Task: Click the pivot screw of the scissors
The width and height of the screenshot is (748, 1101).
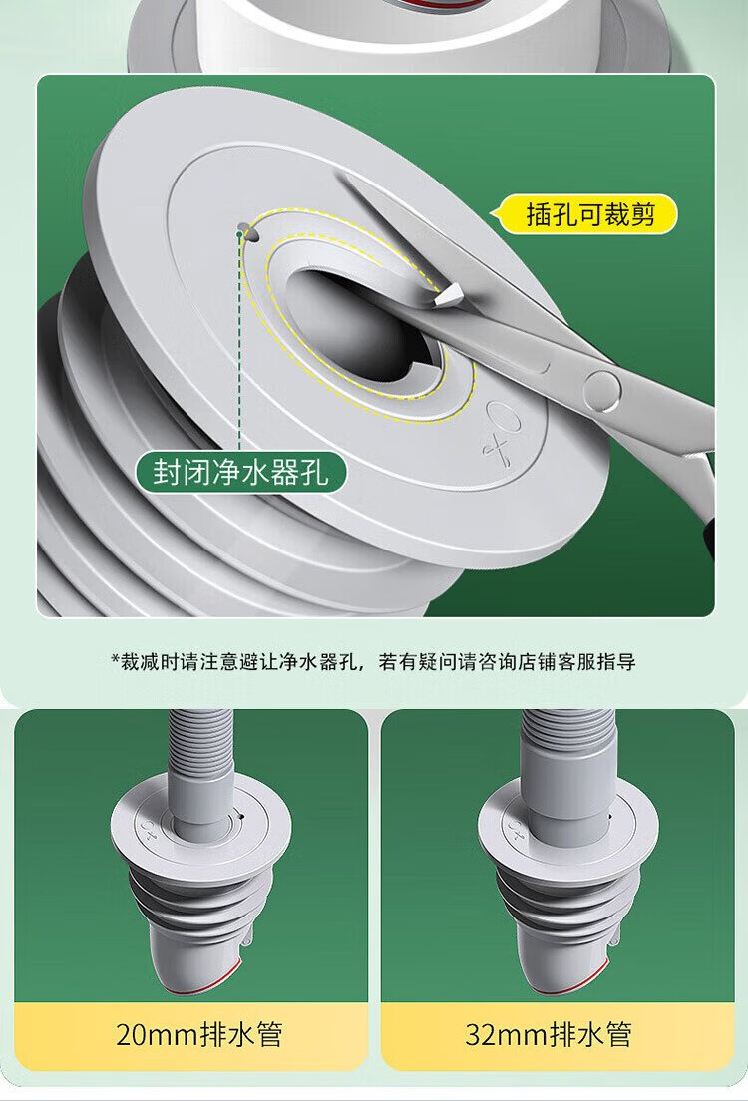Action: (x=602, y=387)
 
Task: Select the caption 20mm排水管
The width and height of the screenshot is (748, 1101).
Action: (x=198, y=1034)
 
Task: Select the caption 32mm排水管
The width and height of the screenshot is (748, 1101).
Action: (x=548, y=1034)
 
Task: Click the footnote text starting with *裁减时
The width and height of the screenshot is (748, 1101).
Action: (x=373, y=661)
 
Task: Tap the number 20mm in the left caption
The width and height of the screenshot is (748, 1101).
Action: (x=157, y=1035)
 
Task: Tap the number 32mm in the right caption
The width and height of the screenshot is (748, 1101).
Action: (x=506, y=1035)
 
